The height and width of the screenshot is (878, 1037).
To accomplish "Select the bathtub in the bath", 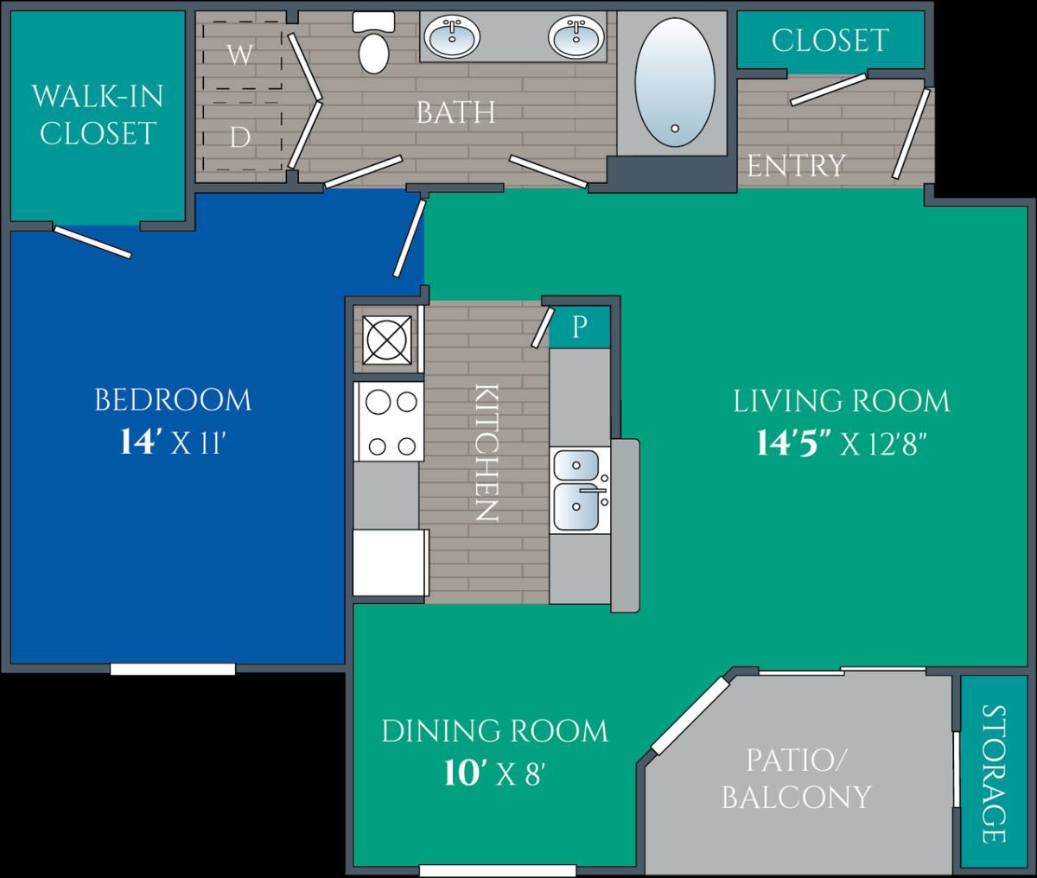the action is [x=675, y=83].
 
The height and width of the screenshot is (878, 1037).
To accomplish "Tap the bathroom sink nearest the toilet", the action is [x=452, y=37].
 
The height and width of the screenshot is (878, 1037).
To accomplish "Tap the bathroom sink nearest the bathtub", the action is [x=576, y=37].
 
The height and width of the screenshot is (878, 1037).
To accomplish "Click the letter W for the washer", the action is [x=240, y=54].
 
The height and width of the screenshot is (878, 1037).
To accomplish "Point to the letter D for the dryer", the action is [x=240, y=137].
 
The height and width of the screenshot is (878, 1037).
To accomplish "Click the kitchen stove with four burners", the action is [x=389, y=422].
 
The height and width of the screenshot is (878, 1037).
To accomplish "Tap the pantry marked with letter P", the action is [x=580, y=327].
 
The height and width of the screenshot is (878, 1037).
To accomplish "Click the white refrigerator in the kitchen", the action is [x=391, y=563].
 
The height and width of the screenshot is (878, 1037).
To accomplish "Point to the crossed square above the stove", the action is [x=387, y=340].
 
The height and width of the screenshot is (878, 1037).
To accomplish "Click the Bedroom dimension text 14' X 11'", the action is [x=173, y=442].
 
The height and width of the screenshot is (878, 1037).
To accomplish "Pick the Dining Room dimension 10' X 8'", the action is [x=494, y=774].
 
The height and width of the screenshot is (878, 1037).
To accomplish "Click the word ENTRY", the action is [x=796, y=165].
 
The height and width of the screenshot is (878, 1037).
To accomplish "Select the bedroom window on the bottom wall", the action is [x=173, y=669].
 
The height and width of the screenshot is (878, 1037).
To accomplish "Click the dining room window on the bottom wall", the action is [x=498, y=871].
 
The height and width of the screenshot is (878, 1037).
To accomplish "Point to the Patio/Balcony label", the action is [x=796, y=778].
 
